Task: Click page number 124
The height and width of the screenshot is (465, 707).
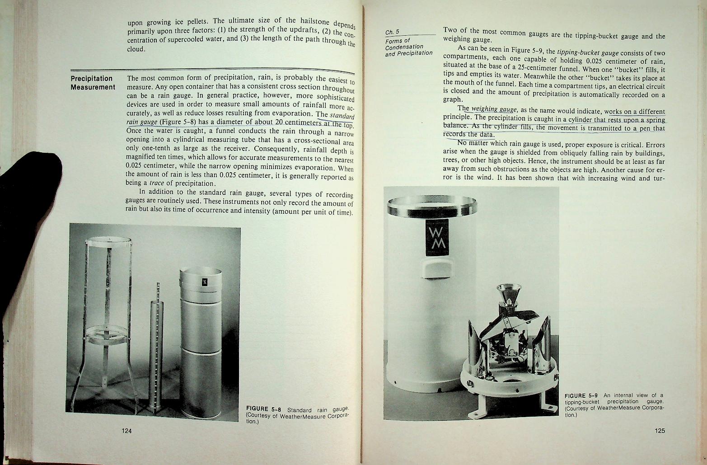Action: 126,431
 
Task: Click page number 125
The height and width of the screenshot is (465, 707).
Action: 660,431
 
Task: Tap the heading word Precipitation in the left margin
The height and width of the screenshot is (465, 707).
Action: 91,79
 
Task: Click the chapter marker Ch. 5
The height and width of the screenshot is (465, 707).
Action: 392,32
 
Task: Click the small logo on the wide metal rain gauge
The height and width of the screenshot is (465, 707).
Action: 203,282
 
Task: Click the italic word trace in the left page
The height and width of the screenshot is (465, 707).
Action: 157,183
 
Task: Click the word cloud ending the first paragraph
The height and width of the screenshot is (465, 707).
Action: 136,49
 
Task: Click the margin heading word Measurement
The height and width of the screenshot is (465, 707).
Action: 93,87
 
